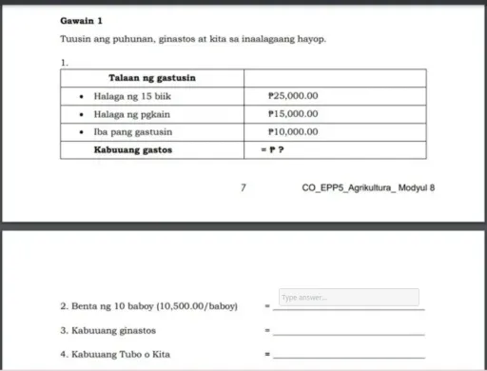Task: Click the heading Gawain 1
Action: click(79, 19)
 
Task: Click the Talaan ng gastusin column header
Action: click(151, 77)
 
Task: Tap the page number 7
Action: click(243, 187)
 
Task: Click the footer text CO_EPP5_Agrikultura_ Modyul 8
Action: click(368, 187)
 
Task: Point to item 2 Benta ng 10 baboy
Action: click(148, 306)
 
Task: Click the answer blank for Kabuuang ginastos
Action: click(349, 333)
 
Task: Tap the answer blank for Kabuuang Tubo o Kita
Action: click(349, 358)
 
